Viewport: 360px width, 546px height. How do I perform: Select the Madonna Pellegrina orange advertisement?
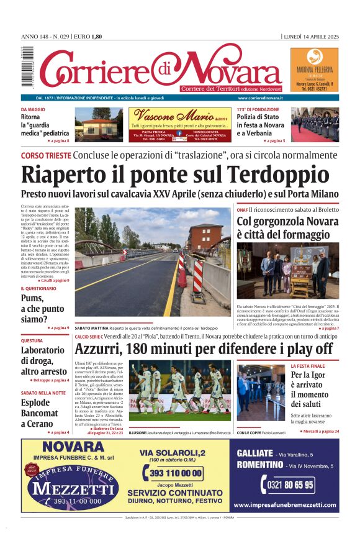click(x=314, y=70)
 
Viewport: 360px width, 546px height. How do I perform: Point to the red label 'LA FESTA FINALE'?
click(x=325, y=366)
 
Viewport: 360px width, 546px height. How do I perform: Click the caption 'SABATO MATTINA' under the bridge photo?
click(x=92, y=327)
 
